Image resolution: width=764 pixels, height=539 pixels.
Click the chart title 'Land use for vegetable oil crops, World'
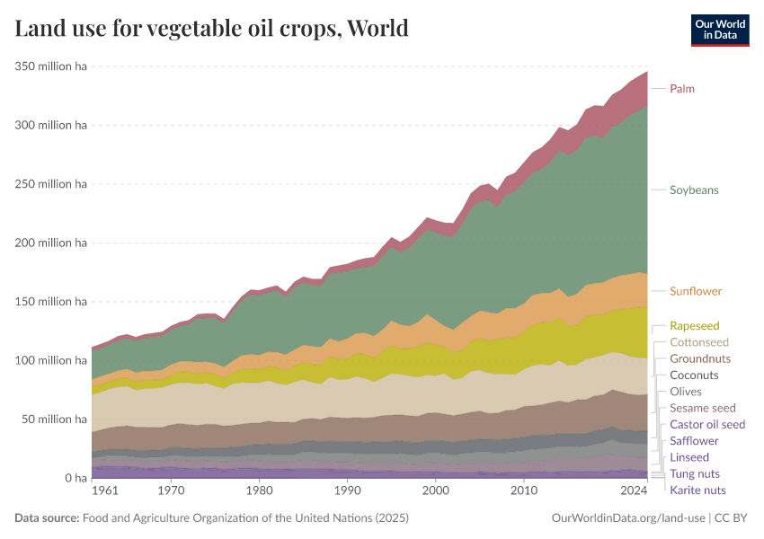click(x=211, y=29)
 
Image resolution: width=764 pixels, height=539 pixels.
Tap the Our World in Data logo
click(x=719, y=30)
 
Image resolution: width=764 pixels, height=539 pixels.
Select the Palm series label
click(x=682, y=89)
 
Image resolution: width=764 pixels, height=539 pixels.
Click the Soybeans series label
click(x=694, y=190)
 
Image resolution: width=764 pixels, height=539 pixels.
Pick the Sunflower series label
click(x=696, y=291)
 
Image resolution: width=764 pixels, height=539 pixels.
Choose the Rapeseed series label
click(x=695, y=326)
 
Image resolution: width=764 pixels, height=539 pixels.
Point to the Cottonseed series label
click(x=699, y=342)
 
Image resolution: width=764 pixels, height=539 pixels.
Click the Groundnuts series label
click(x=700, y=358)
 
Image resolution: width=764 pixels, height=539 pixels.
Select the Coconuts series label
click(x=694, y=375)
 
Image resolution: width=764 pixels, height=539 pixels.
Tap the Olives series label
click(x=686, y=392)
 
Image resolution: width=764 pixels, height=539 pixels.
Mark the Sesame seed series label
click(x=703, y=408)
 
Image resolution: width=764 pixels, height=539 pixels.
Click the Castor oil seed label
click(x=707, y=424)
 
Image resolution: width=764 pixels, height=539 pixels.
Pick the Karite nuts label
click(x=697, y=490)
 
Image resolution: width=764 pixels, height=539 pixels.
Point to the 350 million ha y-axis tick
click(x=50, y=66)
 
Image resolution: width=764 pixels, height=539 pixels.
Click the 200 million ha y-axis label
click(x=50, y=243)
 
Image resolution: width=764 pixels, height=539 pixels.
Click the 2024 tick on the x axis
click(x=635, y=491)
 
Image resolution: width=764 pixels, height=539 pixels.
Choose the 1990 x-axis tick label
click(x=347, y=491)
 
